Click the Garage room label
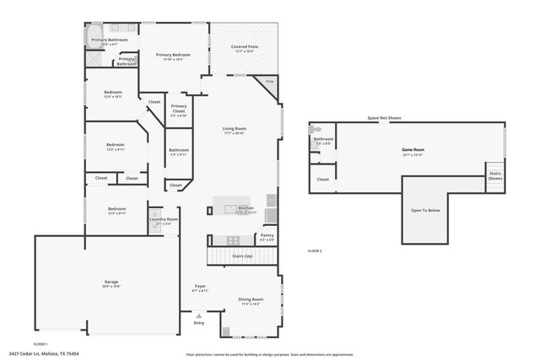coord(111,282)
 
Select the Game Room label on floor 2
coord(413,150)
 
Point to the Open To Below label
coord(425,210)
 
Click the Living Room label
coord(234,128)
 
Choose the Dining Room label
coord(251,299)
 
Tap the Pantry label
coord(267,235)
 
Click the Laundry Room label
coord(165,220)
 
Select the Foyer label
coord(200,287)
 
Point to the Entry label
coord(199,322)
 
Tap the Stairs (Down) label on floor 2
coord(495,175)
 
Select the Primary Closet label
coord(179,109)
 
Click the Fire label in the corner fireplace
coord(269,81)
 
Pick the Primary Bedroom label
coord(174,55)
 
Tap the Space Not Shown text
coord(384,119)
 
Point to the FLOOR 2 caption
coord(315,250)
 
